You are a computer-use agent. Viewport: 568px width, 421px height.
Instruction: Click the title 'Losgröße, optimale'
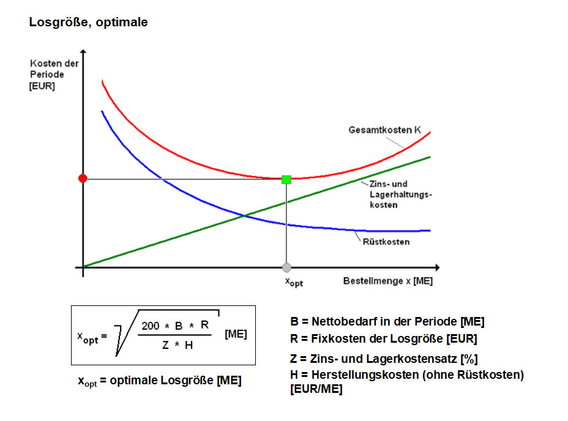(x=88, y=23)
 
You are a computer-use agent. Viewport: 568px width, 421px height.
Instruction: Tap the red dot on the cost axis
(x=83, y=178)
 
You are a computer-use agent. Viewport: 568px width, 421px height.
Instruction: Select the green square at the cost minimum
(x=286, y=179)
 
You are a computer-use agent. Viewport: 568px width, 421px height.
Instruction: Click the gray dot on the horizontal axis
(x=286, y=267)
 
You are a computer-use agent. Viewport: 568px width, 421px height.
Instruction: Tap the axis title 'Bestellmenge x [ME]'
(x=387, y=281)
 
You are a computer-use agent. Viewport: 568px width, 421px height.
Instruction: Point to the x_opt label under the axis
(x=294, y=281)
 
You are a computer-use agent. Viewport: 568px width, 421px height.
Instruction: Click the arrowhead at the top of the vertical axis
(x=83, y=60)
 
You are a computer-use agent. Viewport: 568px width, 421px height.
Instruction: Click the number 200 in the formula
(x=151, y=326)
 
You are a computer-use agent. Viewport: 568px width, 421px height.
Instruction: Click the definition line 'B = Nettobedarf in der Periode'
(x=387, y=321)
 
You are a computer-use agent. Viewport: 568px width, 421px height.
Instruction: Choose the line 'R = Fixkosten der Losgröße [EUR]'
(x=383, y=338)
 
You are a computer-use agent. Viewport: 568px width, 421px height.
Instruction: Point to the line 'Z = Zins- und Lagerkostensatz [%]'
(x=384, y=359)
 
